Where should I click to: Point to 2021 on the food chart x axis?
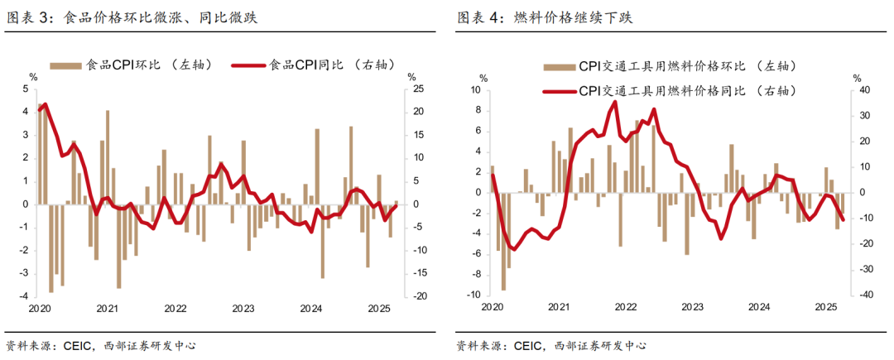(107, 309)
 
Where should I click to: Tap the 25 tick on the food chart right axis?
(418, 89)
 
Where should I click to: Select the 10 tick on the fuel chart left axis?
(474, 90)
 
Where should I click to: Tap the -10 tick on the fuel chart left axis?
(473, 295)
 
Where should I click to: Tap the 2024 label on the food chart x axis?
(310, 309)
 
